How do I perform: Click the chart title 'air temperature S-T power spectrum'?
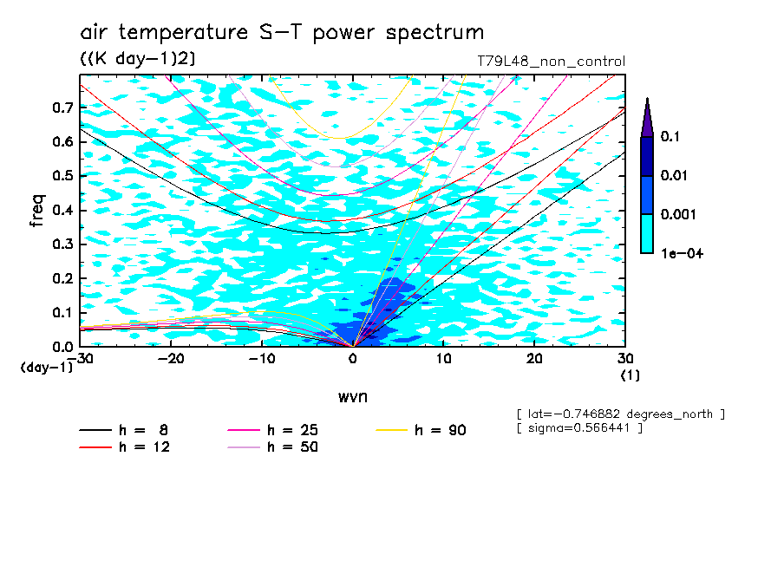point(282,32)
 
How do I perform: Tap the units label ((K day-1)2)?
point(138,59)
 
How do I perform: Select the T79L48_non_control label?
point(551,62)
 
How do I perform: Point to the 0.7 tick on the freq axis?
point(63,108)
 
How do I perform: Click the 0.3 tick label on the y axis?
point(63,244)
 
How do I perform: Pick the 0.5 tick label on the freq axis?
point(63,176)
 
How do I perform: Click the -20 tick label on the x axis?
point(171,359)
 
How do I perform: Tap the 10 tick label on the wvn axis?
point(443,359)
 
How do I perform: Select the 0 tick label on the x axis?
point(353,359)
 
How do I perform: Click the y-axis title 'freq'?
point(37,211)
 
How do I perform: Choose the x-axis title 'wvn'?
point(353,397)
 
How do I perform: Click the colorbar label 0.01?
point(674,175)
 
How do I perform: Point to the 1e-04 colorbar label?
point(682,253)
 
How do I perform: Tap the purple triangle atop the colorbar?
point(647,118)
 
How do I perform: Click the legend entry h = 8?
point(123,430)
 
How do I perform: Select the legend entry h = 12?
point(125,446)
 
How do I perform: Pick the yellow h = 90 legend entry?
point(421,430)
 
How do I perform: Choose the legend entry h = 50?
point(273,446)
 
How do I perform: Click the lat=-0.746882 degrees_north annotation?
point(620,414)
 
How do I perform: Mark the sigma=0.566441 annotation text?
point(579,428)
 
